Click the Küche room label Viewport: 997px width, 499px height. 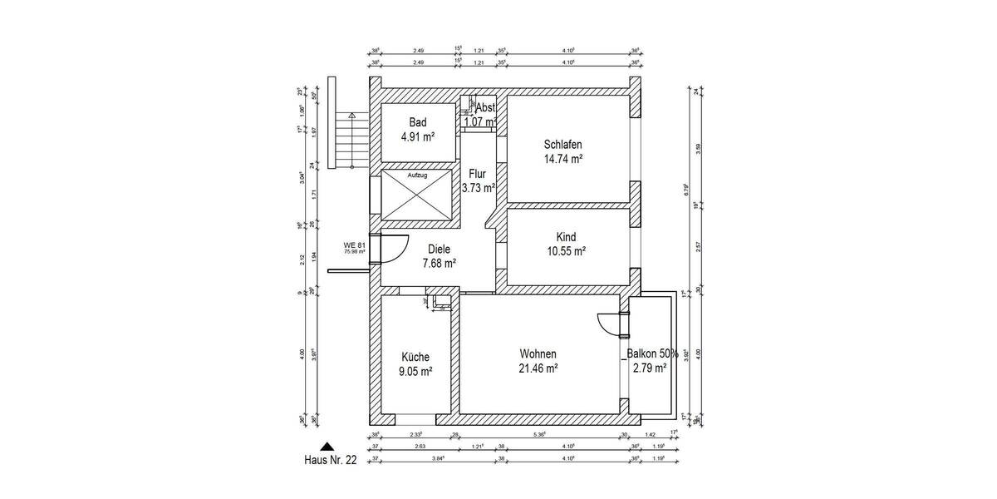tap(415, 357)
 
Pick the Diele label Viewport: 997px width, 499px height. tap(440, 248)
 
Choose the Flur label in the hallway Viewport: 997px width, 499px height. tap(477, 174)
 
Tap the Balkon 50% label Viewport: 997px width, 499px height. tap(652, 353)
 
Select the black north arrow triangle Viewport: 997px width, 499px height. tap(329, 447)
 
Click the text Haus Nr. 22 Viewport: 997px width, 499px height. tap(330, 460)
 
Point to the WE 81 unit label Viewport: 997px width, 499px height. tap(355, 245)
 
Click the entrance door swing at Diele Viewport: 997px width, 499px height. tap(393, 247)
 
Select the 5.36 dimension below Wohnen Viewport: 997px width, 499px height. tap(540, 434)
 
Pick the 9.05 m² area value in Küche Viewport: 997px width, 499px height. tap(415, 372)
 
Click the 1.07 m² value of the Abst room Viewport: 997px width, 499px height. tap(479, 122)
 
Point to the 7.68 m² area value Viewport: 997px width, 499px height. tap(439, 263)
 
